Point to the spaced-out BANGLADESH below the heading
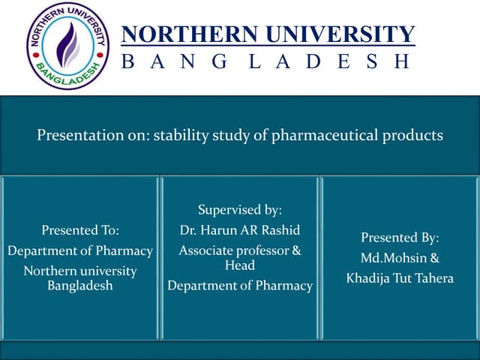[x=266, y=61]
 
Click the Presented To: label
[x=80, y=230]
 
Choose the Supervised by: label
[x=239, y=211]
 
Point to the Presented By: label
[x=400, y=238]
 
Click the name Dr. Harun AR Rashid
[x=239, y=230]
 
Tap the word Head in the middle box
[x=239, y=265]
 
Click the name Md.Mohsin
[x=394, y=258]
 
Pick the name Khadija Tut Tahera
[x=400, y=278]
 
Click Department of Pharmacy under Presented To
[x=80, y=250]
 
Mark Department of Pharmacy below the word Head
[x=239, y=286]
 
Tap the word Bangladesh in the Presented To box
[x=80, y=286]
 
